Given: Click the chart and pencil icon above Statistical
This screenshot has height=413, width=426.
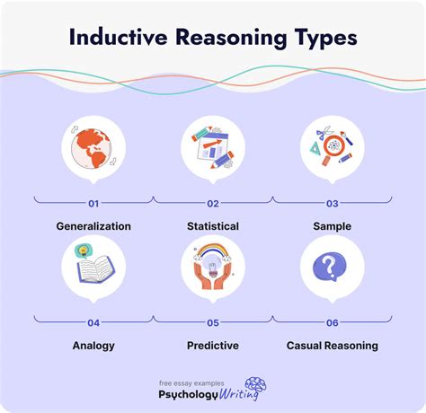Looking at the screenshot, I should click(x=212, y=145).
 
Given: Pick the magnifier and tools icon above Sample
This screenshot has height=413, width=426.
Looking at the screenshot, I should click(x=332, y=145).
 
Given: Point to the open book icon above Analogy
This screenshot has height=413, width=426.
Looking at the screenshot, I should click(x=93, y=267).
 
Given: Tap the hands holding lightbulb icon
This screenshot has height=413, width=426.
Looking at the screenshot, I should click(x=212, y=266).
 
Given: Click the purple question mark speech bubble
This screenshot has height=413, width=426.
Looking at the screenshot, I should click(x=332, y=266).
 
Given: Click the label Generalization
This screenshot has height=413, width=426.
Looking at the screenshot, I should click(x=93, y=227).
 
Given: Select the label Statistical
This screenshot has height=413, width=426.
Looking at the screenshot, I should click(x=212, y=227).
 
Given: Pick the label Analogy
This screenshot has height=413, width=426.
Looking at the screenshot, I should click(x=93, y=345).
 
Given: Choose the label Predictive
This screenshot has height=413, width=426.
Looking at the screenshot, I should click(x=212, y=345).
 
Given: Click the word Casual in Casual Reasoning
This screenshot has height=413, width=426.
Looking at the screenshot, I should click(x=307, y=345).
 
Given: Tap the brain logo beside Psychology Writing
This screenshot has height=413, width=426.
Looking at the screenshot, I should click(x=254, y=388).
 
